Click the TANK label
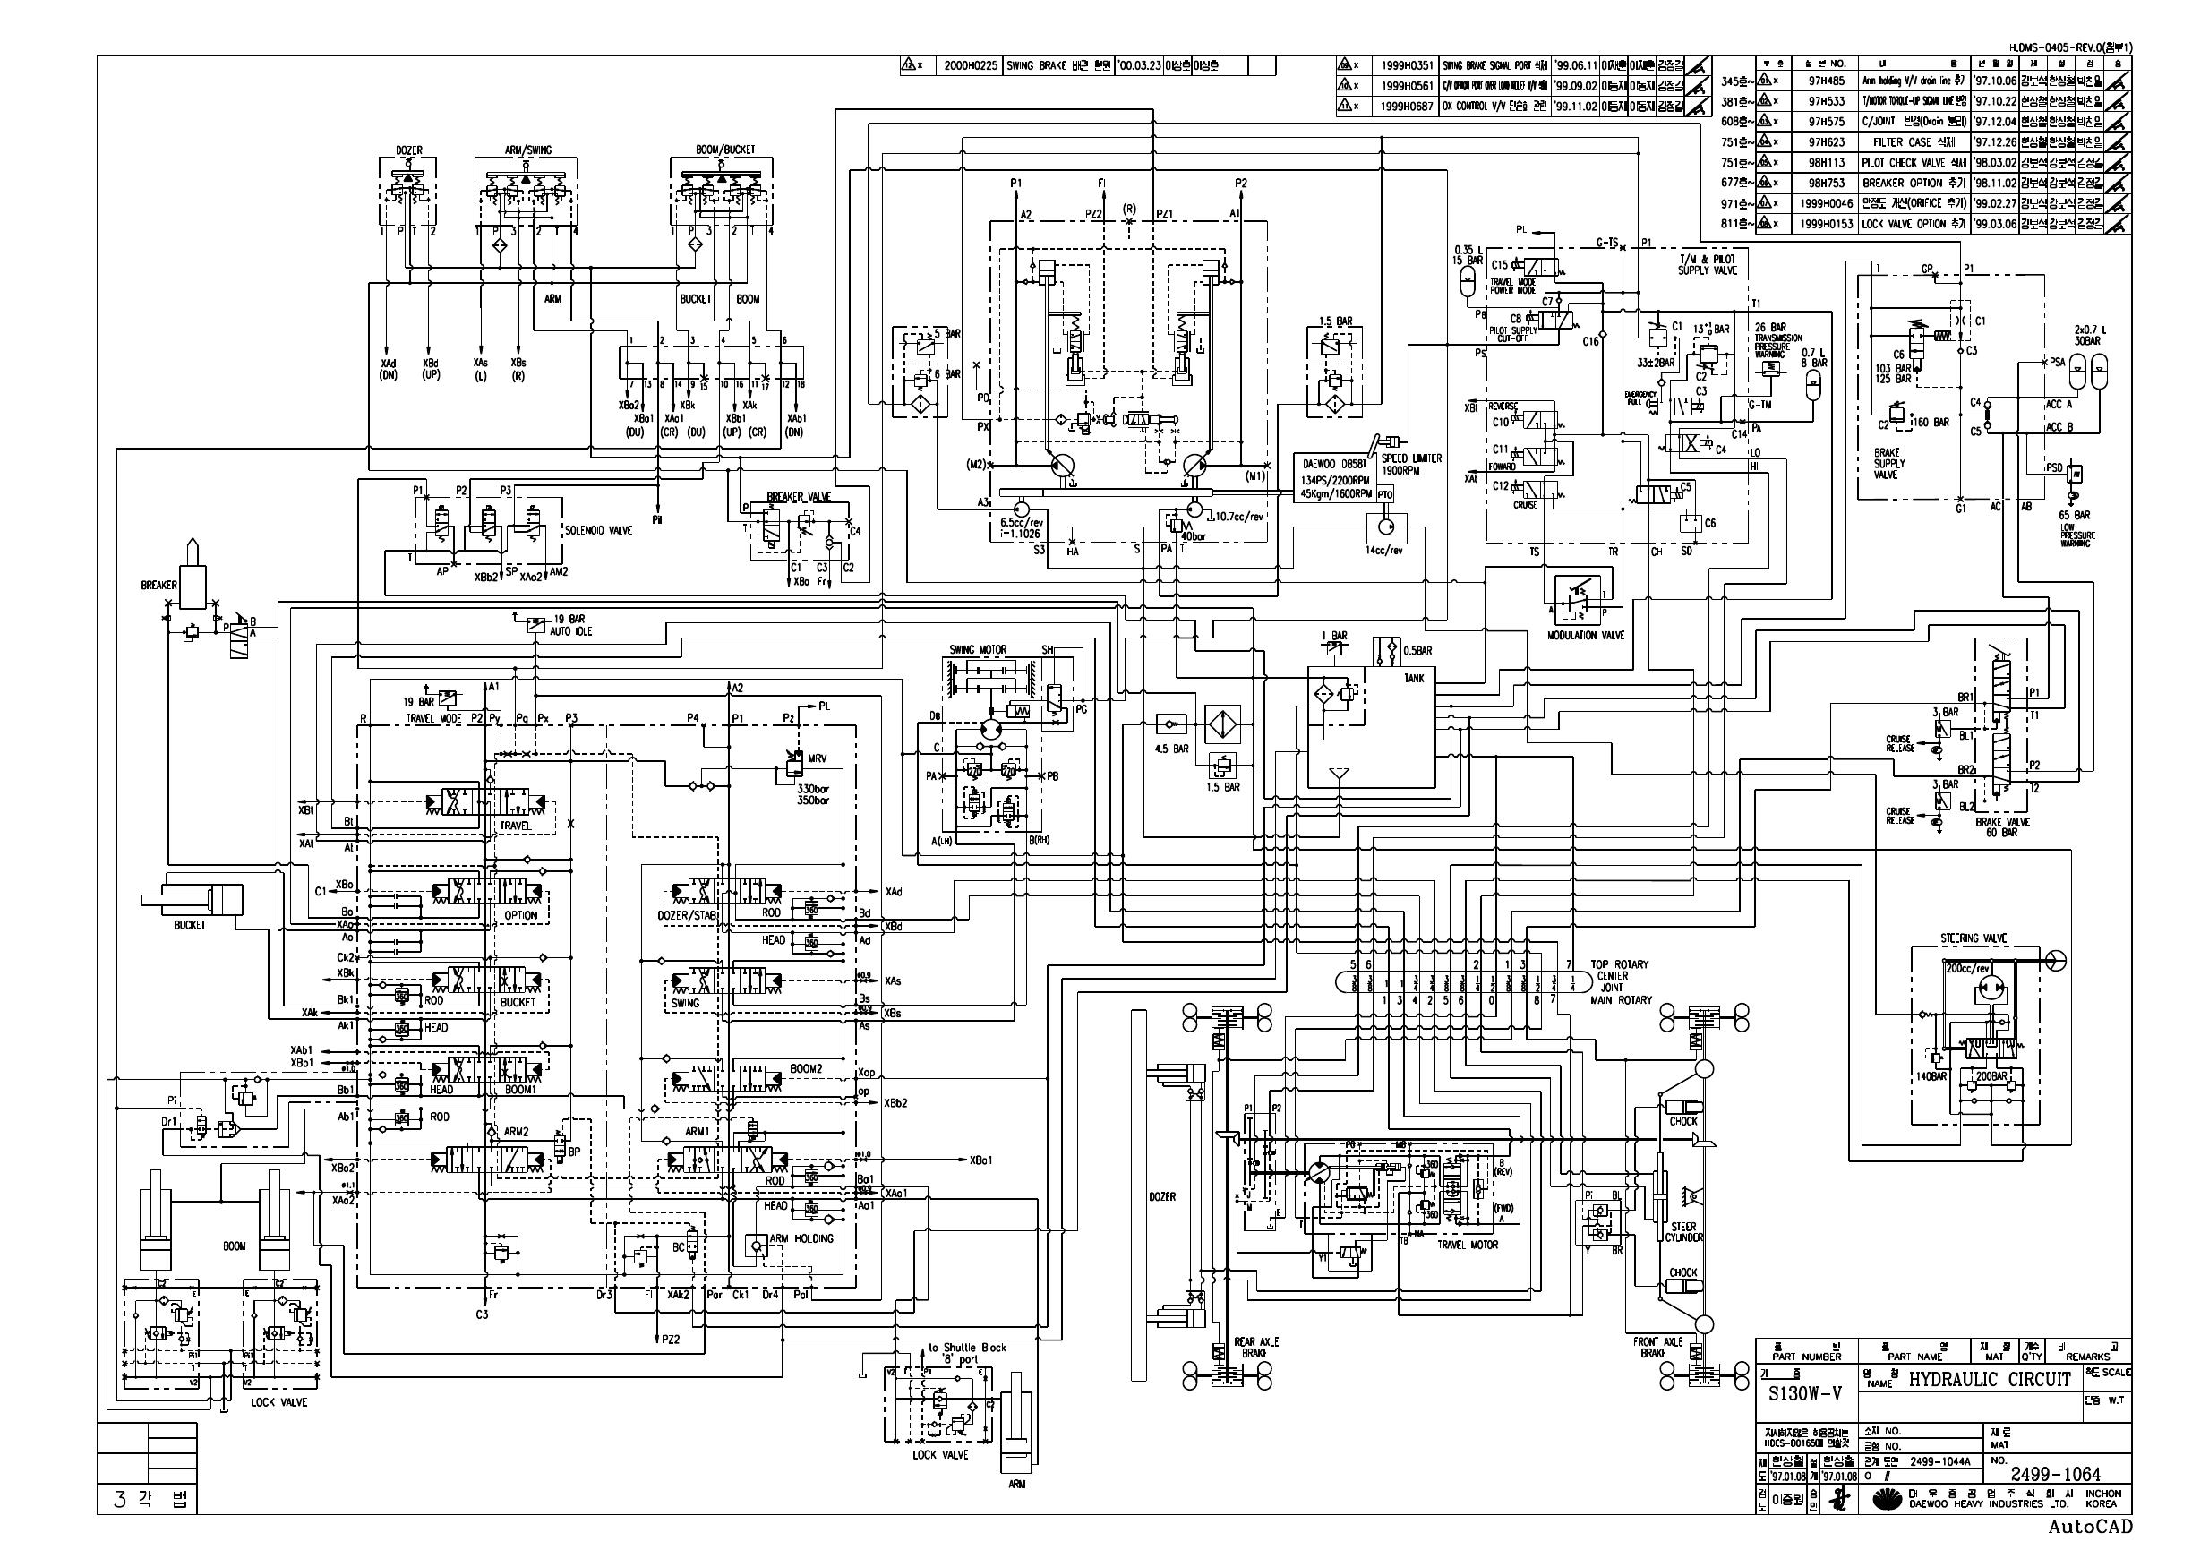click(x=1413, y=679)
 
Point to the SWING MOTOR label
click(x=977, y=650)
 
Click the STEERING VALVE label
click(x=1973, y=938)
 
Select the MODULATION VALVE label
click(x=1585, y=635)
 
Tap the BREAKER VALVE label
click(x=798, y=497)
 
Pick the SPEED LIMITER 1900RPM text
click(x=1411, y=464)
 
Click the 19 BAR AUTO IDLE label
click(x=570, y=625)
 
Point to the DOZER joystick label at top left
click(x=409, y=151)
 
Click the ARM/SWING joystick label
click(x=526, y=150)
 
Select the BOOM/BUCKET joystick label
click(x=724, y=150)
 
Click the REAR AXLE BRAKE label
click(x=1255, y=1348)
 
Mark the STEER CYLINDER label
click(x=1684, y=1232)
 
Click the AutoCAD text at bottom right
click(x=2090, y=1527)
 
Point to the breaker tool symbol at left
click(x=192, y=573)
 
